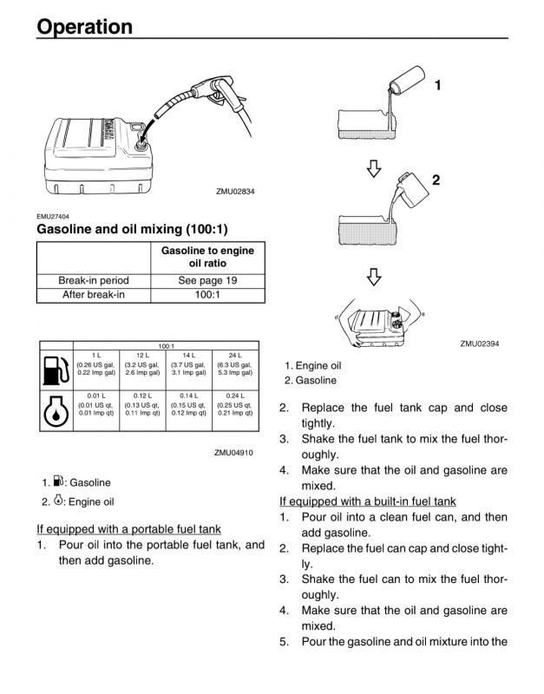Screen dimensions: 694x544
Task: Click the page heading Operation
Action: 84,27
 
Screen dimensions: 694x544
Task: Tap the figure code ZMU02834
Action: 235,192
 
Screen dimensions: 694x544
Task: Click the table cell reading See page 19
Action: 207,280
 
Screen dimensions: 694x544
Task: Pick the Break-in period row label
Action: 93,280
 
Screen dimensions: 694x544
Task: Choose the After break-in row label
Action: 93,295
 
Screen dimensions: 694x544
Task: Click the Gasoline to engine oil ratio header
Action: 207,257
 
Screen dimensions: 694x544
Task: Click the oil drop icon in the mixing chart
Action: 56,410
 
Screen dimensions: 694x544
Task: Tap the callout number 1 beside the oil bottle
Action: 438,85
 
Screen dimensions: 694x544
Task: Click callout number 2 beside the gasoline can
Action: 436,180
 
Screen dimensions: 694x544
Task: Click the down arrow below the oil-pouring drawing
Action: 374,168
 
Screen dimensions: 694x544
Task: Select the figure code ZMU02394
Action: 480,344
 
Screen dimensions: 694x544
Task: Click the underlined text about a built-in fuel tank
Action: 367,501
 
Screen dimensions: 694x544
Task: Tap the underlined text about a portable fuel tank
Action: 128,529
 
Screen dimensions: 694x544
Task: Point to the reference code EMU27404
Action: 53,217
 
